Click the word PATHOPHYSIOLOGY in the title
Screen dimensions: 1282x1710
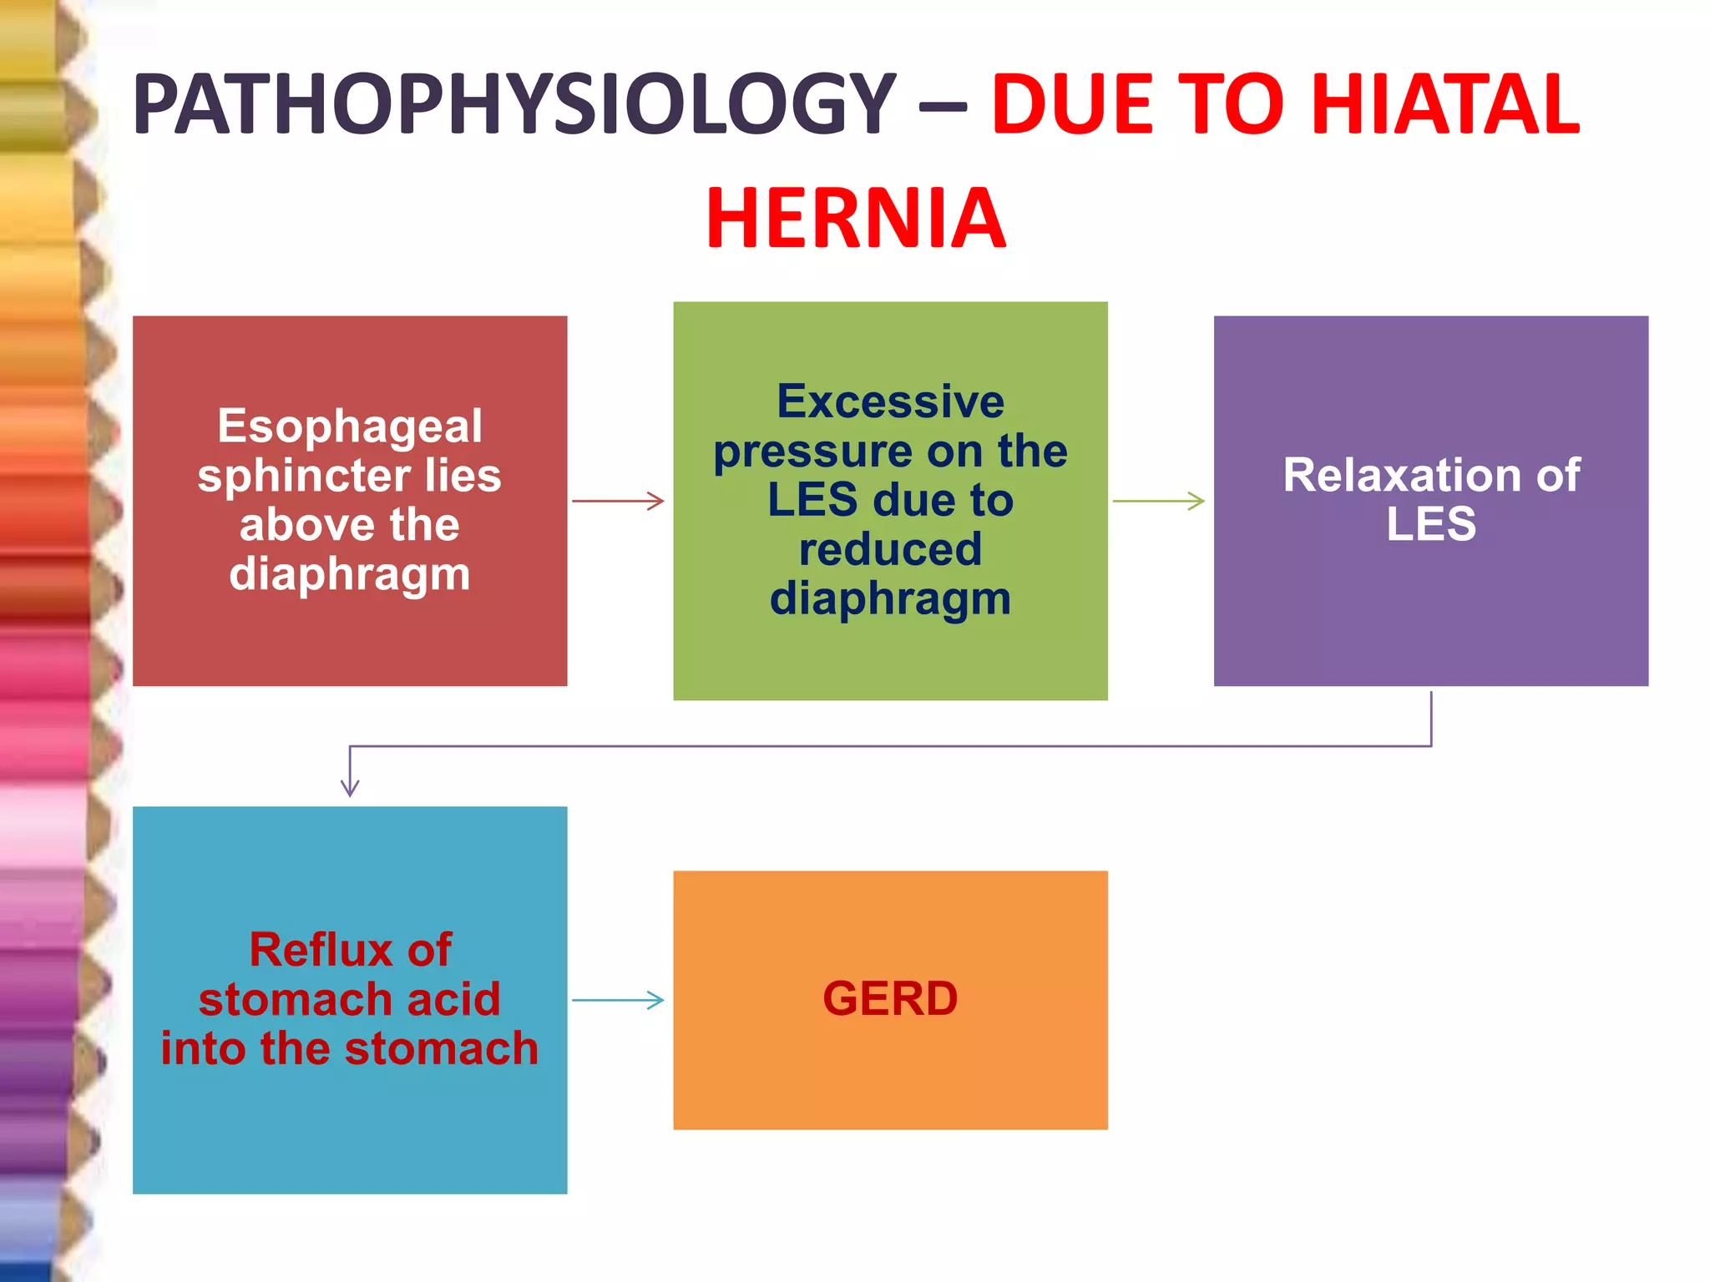click(x=514, y=104)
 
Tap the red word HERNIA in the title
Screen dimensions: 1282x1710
click(x=856, y=219)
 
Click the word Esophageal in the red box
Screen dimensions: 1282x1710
click(x=350, y=426)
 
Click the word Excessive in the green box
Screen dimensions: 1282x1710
click(x=890, y=401)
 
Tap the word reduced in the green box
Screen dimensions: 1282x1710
click(x=890, y=549)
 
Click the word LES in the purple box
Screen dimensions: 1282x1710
click(x=1431, y=524)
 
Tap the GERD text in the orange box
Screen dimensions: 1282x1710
click(x=890, y=999)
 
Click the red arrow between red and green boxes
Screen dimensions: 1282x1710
click(x=619, y=501)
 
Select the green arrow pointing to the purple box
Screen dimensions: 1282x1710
click(x=1159, y=501)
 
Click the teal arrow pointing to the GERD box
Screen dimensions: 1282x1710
click(x=619, y=1000)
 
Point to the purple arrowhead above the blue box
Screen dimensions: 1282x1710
click(x=350, y=786)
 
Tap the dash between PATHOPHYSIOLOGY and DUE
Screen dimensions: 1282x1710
click(x=943, y=107)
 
